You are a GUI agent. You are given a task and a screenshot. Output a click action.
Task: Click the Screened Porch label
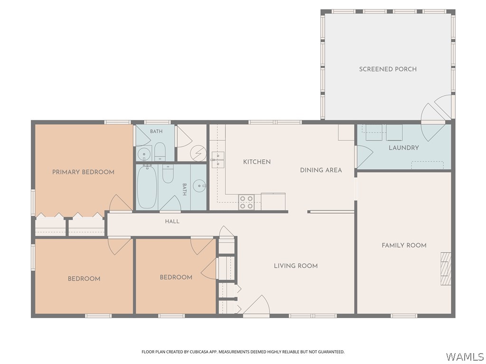click(388, 69)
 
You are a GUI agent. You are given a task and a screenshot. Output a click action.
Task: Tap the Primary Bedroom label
click(83, 172)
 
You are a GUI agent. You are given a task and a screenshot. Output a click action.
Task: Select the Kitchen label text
click(257, 162)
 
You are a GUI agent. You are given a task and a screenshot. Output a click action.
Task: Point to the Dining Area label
click(321, 170)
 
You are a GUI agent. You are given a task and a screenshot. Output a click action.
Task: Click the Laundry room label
click(404, 148)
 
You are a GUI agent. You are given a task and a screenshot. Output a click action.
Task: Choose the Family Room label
click(404, 246)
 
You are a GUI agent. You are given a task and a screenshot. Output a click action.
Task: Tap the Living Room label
click(296, 266)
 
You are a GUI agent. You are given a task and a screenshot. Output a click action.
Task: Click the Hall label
click(172, 221)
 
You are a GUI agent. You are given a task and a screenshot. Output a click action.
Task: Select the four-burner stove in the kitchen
click(246, 202)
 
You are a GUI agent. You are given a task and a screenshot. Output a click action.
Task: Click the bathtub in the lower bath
click(147, 187)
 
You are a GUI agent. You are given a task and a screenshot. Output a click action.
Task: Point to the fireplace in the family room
click(446, 269)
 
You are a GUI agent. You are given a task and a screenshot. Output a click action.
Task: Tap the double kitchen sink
click(218, 160)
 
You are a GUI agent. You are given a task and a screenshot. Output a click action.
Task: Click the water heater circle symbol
click(198, 154)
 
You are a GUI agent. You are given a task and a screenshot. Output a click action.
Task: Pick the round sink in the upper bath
click(143, 154)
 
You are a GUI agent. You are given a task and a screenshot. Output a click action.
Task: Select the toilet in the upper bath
click(160, 152)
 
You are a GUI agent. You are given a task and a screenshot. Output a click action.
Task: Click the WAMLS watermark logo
click(465, 357)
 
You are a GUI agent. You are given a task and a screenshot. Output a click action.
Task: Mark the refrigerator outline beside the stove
click(273, 201)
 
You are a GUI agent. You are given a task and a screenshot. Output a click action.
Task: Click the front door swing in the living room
click(256, 305)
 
